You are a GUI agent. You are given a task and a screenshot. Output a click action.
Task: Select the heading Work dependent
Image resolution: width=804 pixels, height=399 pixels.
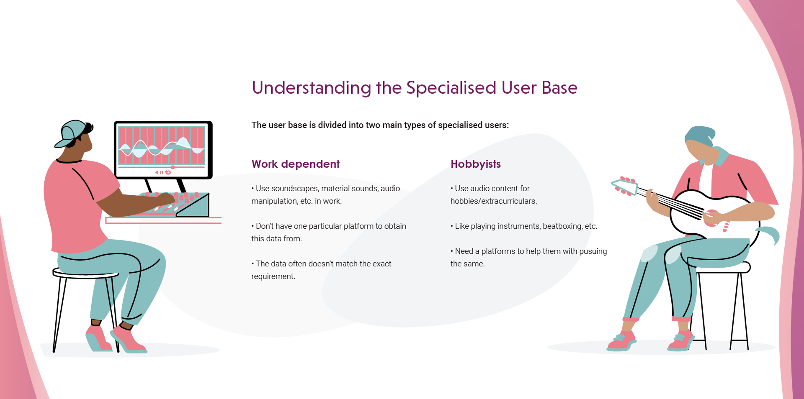295,164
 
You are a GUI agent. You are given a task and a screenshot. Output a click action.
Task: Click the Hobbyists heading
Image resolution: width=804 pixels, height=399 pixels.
475,164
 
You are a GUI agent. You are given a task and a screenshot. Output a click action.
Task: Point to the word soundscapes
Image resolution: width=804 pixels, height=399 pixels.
295,189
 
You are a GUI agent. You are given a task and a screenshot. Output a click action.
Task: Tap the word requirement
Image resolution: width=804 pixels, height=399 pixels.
273,276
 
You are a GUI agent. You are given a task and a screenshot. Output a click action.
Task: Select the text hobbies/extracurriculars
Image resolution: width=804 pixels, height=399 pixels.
493,201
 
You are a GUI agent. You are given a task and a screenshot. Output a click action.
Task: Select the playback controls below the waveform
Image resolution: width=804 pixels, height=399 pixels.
162,172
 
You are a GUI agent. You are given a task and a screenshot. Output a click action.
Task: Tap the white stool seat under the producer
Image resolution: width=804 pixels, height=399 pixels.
86,274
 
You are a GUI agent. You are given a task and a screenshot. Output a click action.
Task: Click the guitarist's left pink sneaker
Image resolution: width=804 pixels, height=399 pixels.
621,341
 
